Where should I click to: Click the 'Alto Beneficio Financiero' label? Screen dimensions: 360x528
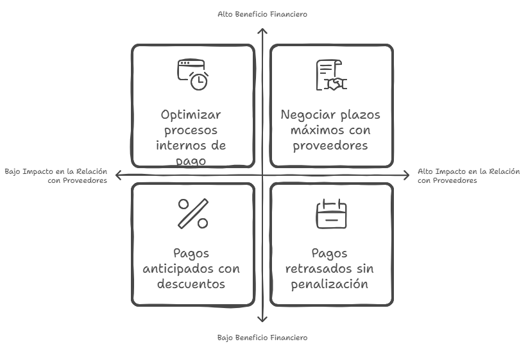point(262,13)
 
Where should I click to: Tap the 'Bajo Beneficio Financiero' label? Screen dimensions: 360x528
point(262,338)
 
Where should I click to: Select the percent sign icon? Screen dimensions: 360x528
point(192,213)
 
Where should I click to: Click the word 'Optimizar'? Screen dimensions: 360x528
point(191,115)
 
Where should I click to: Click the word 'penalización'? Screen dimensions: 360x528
point(330,284)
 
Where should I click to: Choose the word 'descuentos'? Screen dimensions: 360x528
point(191,284)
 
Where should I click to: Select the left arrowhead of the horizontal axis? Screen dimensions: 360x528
point(118,174)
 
